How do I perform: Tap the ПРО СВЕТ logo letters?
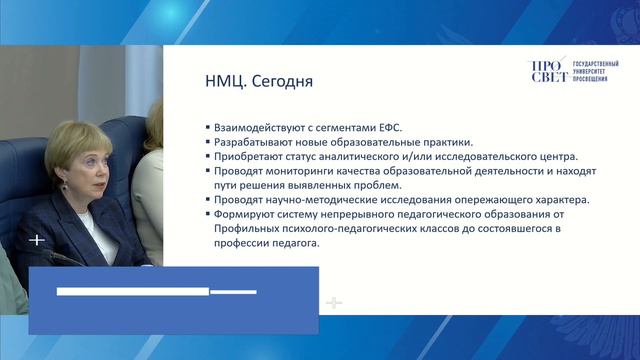pos(547,71)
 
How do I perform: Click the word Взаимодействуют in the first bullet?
pos(257,128)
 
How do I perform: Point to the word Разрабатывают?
pos(250,142)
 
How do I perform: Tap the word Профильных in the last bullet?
pos(243,228)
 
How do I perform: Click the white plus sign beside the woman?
pos(37,240)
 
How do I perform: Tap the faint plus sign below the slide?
pos(334,302)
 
